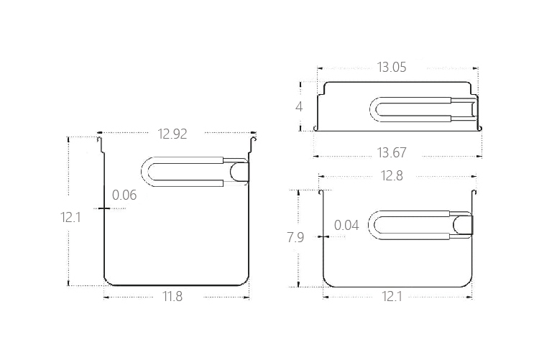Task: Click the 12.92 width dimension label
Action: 172,134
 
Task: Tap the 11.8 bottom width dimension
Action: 172,296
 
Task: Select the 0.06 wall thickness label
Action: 124,195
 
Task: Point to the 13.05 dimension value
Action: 392,67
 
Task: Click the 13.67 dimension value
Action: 392,152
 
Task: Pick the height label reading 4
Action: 299,106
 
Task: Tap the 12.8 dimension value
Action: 392,176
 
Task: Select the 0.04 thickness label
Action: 346,225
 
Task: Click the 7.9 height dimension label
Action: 295,237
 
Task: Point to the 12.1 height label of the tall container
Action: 70,217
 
